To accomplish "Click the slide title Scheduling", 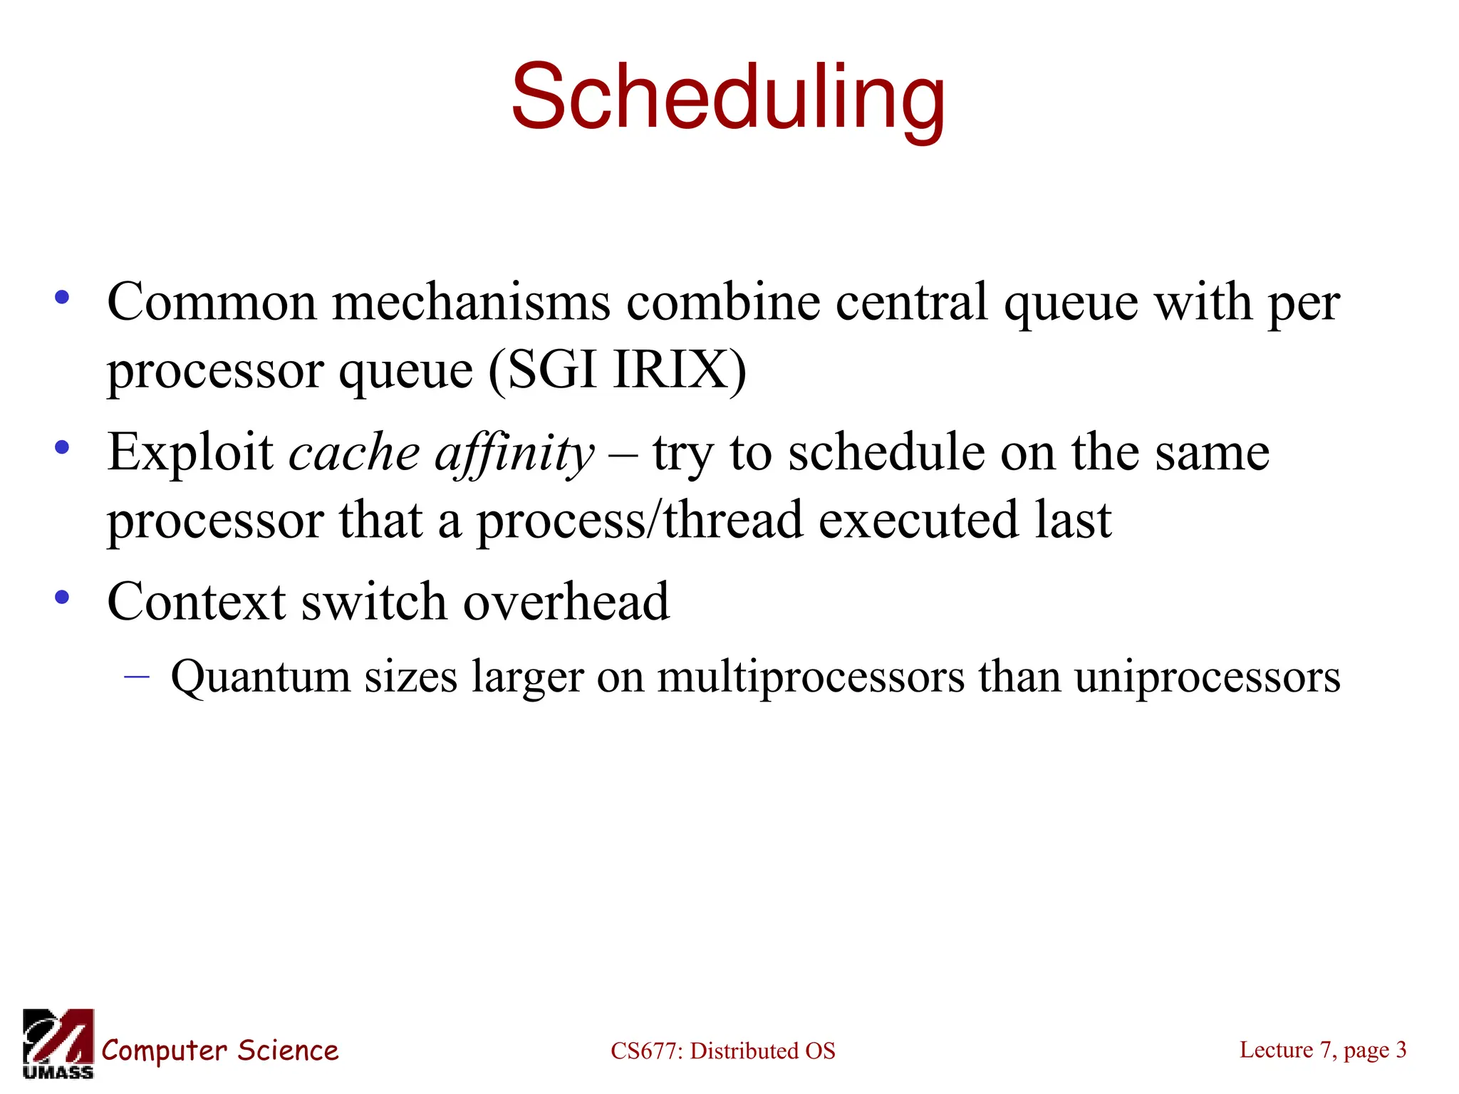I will click(x=728, y=98).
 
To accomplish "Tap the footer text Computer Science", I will click(x=220, y=1051).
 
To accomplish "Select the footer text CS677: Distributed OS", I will click(x=722, y=1051).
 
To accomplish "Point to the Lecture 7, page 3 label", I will click(x=1323, y=1049).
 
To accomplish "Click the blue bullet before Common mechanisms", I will click(x=63, y=298).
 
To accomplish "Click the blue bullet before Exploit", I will click(x=63, y=448).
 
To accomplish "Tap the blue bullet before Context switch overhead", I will click(x=63, y=598).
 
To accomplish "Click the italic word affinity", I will click(x=514, y=454).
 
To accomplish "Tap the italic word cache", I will click(x=354, y=454).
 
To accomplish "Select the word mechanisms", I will click(x=471, y=302).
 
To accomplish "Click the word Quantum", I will click(x=260, y=677).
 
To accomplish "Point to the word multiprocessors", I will click(x=810, y=677).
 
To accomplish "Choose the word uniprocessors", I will click(x=1208, y=677).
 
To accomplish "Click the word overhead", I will click(x=566, y=602).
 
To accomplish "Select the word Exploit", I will click(x=189, y=454).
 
